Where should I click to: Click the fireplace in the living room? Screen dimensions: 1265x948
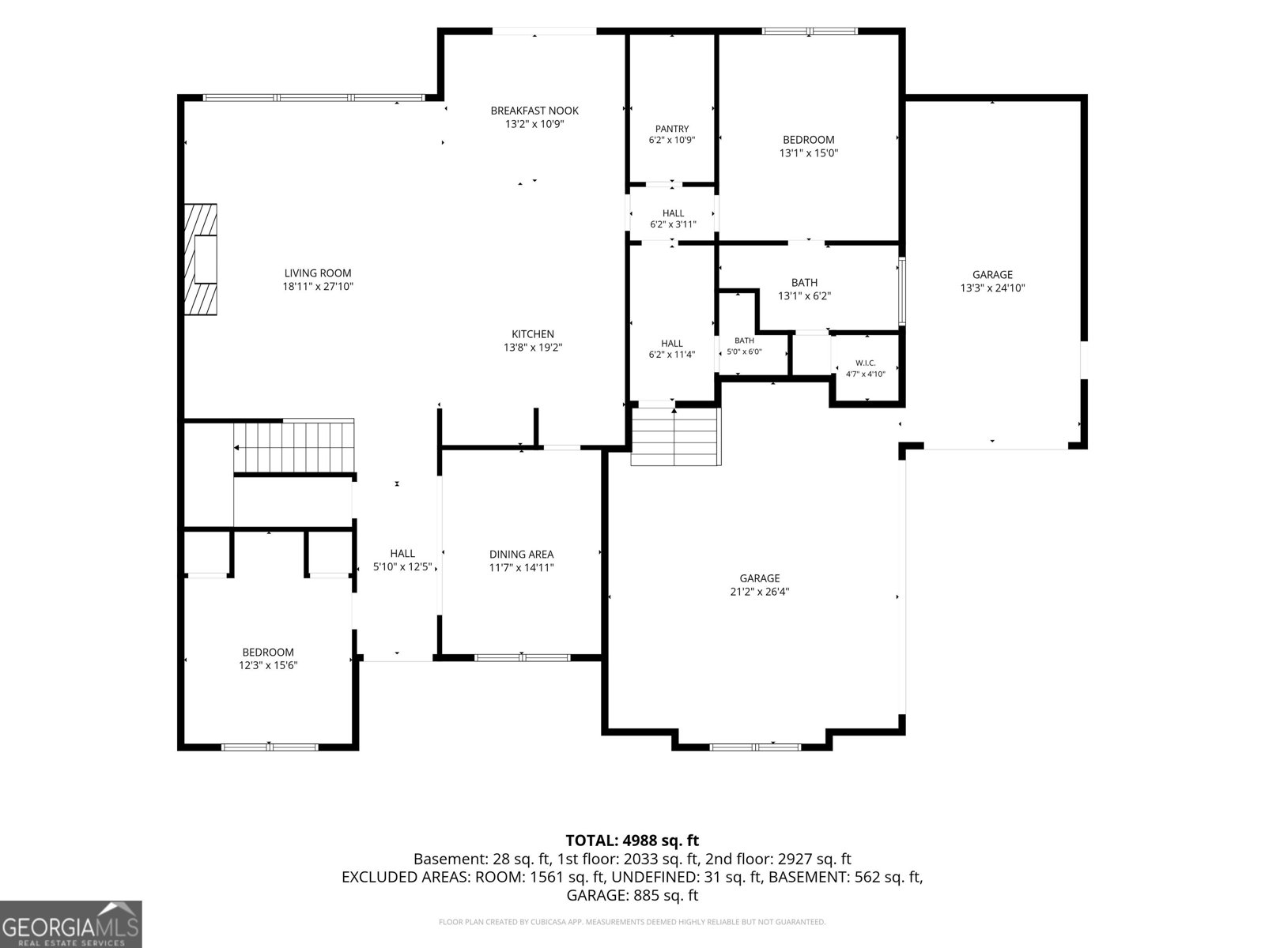[201, 259]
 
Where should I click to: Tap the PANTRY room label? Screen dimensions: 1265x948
[672, 129]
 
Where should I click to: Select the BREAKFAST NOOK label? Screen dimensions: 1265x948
[534, 111]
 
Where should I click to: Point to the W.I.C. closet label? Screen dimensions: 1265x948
[865, 363]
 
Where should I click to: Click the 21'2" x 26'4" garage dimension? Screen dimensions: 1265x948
[760, 591]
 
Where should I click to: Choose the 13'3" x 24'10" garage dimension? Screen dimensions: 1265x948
[992, 288]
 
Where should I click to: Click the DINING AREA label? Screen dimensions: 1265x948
[522, 554]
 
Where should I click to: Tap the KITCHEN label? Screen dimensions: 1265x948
[533, 334]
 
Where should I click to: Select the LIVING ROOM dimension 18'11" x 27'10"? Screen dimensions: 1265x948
[318, 286]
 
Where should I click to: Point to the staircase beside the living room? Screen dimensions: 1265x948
[294, 446]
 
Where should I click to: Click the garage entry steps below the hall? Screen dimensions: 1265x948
[676, 436]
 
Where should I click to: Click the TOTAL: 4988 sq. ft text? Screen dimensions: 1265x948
[632, 841]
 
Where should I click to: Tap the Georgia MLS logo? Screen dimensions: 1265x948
[70, 924]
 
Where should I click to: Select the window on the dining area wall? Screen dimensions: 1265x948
[522, 657]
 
